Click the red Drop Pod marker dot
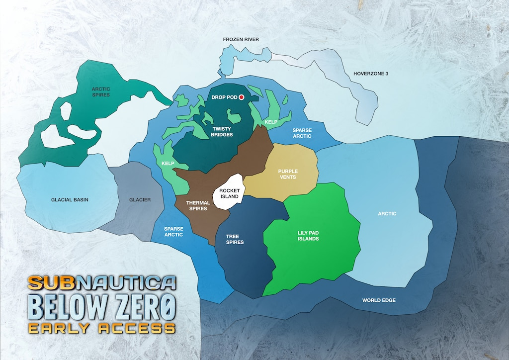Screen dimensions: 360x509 coord(242,97)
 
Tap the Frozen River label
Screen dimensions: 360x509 coord(241,39)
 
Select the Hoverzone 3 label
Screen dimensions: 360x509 coord(370,74)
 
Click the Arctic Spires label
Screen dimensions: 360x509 coord(101,91)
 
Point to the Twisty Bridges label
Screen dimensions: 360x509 coord(222,131)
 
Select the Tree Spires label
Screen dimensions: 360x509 coord(235,239)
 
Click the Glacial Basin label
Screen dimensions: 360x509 coord(70,200)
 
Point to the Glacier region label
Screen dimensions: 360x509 coord(140,200)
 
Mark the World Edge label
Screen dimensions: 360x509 coord(379,300)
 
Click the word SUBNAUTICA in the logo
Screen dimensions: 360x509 coord(101,282)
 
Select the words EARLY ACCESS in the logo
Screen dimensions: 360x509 coord(101,328)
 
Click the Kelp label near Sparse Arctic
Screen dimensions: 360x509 coord(271,121)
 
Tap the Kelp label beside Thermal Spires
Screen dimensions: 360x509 coord(168,163)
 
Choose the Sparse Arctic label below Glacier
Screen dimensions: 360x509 coord(173,232)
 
